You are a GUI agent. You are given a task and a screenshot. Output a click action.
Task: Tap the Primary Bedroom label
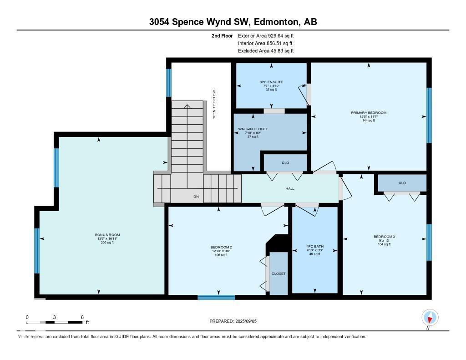tap(368, 113)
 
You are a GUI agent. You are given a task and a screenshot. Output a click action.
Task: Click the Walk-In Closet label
tap(253, 129)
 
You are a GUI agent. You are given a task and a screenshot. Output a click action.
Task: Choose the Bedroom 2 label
tap(220, 247)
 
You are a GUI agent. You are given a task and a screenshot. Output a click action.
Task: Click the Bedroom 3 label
tap(384, 237)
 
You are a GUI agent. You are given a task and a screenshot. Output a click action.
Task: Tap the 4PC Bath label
tap(314, 247)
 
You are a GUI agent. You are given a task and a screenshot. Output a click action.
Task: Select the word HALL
tap(290, 188)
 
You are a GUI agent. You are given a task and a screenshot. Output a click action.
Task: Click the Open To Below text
tap(214, 105)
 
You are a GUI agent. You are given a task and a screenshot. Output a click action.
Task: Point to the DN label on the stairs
tap(196, 197)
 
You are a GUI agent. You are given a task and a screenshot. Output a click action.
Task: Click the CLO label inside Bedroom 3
tap(402, 183)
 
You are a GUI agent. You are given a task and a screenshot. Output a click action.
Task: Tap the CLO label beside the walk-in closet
tap(285, 163)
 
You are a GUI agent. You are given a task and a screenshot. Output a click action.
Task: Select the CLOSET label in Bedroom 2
tap(279, 274)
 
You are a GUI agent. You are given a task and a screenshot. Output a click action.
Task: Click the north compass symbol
tap(430, 317)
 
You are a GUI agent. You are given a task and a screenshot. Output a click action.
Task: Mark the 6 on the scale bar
tap(82, 317)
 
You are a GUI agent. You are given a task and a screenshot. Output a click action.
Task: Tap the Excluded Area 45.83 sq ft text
tap(266, 51)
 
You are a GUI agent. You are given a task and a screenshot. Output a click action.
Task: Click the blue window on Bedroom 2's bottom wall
tap(216, 298)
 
